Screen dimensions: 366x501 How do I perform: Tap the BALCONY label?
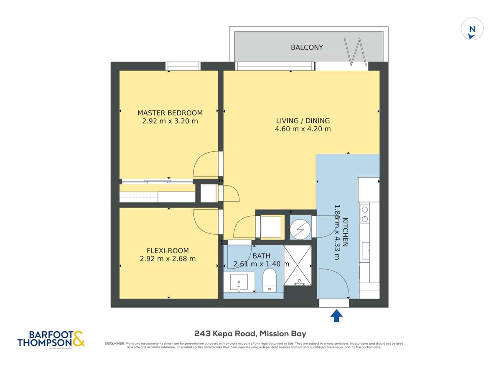pyautogui.click(x=307, y=47)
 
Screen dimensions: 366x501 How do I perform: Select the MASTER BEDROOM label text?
pyautogui.click(x=170, y=113)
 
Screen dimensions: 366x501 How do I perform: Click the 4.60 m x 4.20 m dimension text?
pyautogui.click(x=303, y=129)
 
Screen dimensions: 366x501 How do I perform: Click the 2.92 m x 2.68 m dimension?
pyautogui.click(x=168, y=259)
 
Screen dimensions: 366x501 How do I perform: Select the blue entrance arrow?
pyautogui.click(x=337, y=316)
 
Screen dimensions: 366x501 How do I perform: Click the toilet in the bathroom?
pyautogui.click(x=270, y=279)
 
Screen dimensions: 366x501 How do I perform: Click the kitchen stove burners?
pyautogui.click(x=364, y=214)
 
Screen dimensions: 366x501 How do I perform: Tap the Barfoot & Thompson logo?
pyautogui.click(x=51, y=338)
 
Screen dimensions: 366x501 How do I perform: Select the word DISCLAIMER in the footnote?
pyautogui.click(x=114, y=343)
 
